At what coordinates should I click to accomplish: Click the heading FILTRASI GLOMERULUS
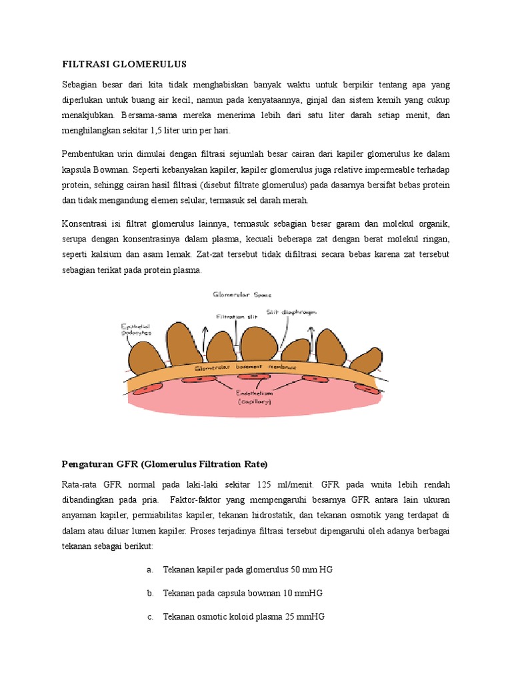pyautogui.click(x=125, y=64)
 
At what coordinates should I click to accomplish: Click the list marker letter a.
pyautogui.click(x=150, y=570)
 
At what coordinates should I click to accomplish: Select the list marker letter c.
pyautogui.click(x=150, y=617)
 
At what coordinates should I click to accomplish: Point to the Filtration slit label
pyautogui.click(x=237, y=317)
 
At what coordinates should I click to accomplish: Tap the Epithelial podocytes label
pyautogui.click(x=136, y=329)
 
